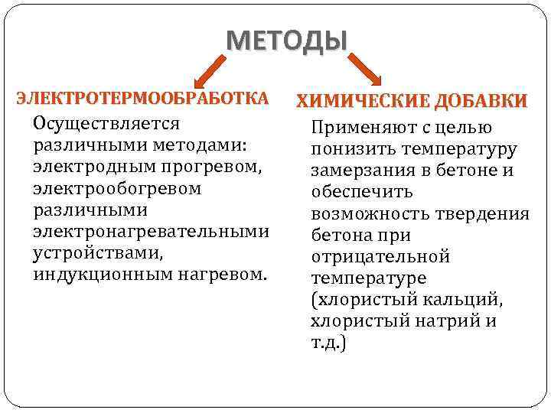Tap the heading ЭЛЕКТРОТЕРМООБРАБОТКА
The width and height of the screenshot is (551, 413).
(x=143, y=99)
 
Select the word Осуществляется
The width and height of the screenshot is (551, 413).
(x=106, y=124)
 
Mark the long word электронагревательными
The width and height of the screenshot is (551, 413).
(x=151, y=231)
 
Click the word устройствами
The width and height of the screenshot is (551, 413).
(x=87, y=252)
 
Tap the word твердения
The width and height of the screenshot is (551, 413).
(x=485, y=214)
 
